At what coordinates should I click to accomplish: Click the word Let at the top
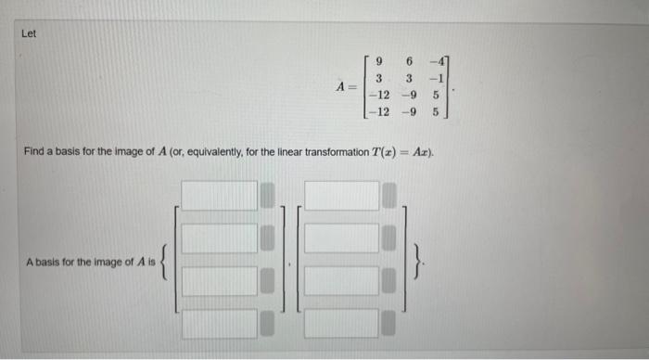pos(29,34)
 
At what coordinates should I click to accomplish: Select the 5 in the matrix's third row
pos(441,96)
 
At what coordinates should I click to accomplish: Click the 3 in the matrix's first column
pos(380,78)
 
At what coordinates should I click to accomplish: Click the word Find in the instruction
pos(34,150)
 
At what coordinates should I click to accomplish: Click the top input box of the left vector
pos(219,196)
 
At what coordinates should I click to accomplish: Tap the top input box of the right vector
pos(342,196)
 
